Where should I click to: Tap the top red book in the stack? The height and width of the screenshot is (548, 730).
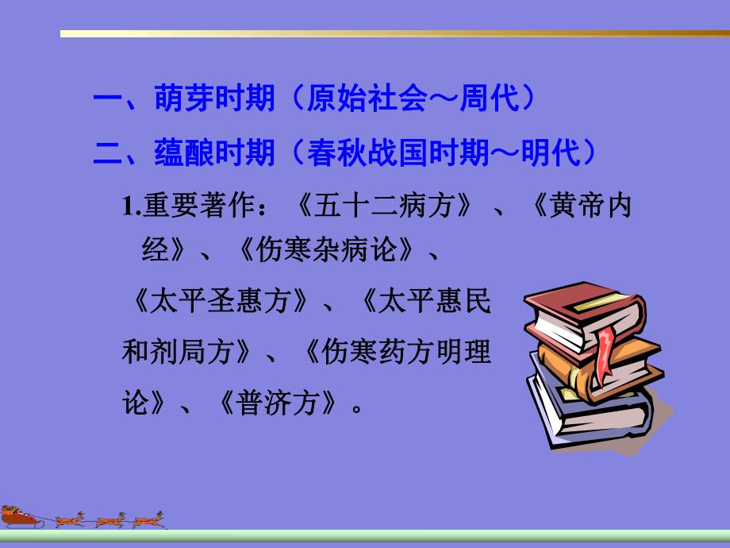(x=583, y=310)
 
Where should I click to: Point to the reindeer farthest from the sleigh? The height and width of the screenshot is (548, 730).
(x=148, y=519)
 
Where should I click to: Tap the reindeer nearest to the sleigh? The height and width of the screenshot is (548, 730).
(x=68, y=519)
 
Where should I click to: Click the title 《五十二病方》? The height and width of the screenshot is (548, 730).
(x=386, y=208)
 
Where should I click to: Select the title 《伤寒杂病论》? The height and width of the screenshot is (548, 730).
(x=326, y=253)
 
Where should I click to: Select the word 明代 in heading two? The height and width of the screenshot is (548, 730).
(x=551, y=152)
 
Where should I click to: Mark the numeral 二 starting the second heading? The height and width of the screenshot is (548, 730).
(x=106, y=152)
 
